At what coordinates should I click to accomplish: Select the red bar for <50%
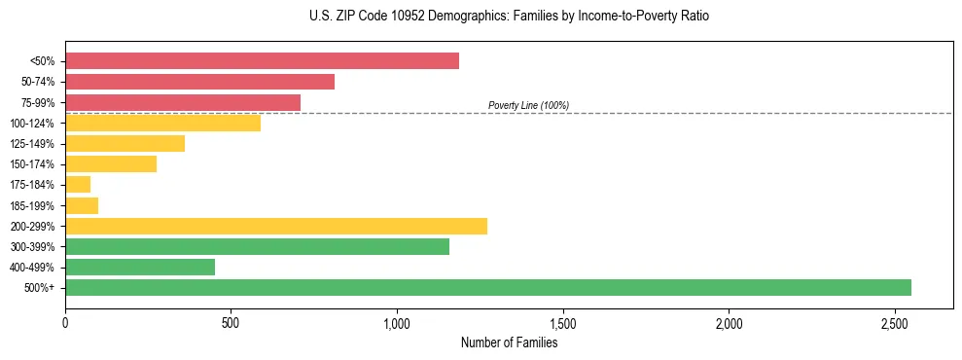(x=262, y=61)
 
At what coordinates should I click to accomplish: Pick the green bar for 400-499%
(x=140, y=267)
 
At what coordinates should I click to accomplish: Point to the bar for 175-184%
(x=78, y=184)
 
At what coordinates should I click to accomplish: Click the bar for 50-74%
(x=199, y=82)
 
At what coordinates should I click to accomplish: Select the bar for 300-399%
(x=257, y=246)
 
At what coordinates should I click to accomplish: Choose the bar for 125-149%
(x=125, y=143)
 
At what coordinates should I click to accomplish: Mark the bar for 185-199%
(x=82, y=205)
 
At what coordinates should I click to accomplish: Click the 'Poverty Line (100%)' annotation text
(x=528, y=105)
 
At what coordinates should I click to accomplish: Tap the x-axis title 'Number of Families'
(x=509, y=342)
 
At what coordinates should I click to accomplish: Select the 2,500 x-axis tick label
(x=895, y=322)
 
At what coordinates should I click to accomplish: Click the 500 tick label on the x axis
(x=231, y=322)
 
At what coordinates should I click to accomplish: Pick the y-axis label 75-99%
(x=38, y=102)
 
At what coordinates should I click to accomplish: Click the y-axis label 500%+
(x=41, y=288)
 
